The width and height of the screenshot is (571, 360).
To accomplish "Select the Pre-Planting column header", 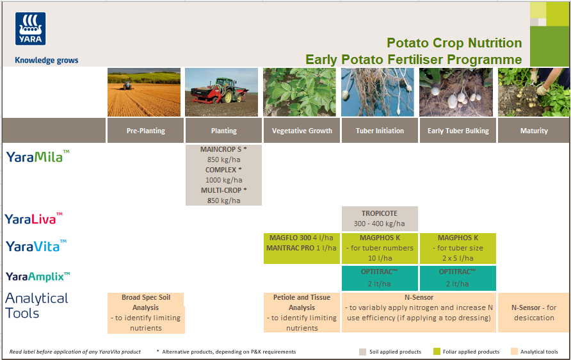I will (145, 131).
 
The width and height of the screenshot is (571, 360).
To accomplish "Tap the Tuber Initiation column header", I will (380, 131).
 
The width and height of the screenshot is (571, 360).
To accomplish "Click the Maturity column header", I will (534, 131).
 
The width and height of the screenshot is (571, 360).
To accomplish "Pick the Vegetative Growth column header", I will (302, 131).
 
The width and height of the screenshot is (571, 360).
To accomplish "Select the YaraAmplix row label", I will (38, 276).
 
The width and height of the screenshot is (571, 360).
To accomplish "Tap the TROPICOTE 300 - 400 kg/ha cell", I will (380, 218).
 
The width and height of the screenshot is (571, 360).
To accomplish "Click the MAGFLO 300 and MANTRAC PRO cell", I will (302, 248).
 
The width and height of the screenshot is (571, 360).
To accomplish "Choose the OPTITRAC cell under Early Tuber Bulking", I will (458, 277).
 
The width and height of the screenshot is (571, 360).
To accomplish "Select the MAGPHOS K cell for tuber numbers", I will (380, 248).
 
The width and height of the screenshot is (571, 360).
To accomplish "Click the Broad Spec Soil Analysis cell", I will (145, 313).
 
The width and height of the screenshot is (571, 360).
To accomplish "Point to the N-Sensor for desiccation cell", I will (533, 313).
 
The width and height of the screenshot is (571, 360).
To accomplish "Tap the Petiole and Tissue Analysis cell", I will (302, 313).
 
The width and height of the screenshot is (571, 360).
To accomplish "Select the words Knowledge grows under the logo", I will (46, 60).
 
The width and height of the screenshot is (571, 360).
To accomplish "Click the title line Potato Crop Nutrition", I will (454, 43).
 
